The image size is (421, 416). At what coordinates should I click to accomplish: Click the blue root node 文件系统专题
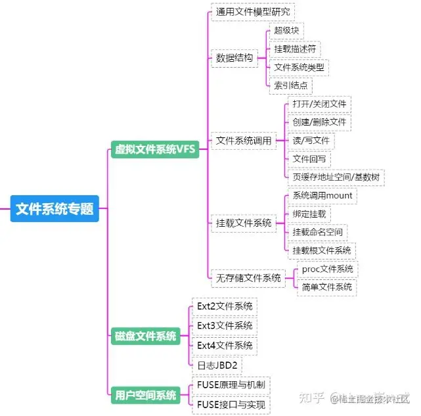pos(55,209)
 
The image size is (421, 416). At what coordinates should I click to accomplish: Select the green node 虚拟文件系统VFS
pos(155,149)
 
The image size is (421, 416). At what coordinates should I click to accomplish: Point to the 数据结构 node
pos(234,58)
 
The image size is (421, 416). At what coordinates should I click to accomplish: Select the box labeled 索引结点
pos(290,85)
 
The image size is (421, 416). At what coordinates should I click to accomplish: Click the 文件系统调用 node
pos(244,140)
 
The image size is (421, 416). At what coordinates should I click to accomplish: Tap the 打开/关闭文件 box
pos(319,104)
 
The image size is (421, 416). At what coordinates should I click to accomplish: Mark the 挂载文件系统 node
pos(244,223)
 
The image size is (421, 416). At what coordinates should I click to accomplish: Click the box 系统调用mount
pos(322,196)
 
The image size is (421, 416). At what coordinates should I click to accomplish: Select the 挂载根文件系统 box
pos(322,250)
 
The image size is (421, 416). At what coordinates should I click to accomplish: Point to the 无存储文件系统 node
pos(248,278)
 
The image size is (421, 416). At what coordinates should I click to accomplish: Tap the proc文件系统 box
pos(327,269)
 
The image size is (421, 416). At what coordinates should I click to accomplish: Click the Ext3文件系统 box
pos(225,325)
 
